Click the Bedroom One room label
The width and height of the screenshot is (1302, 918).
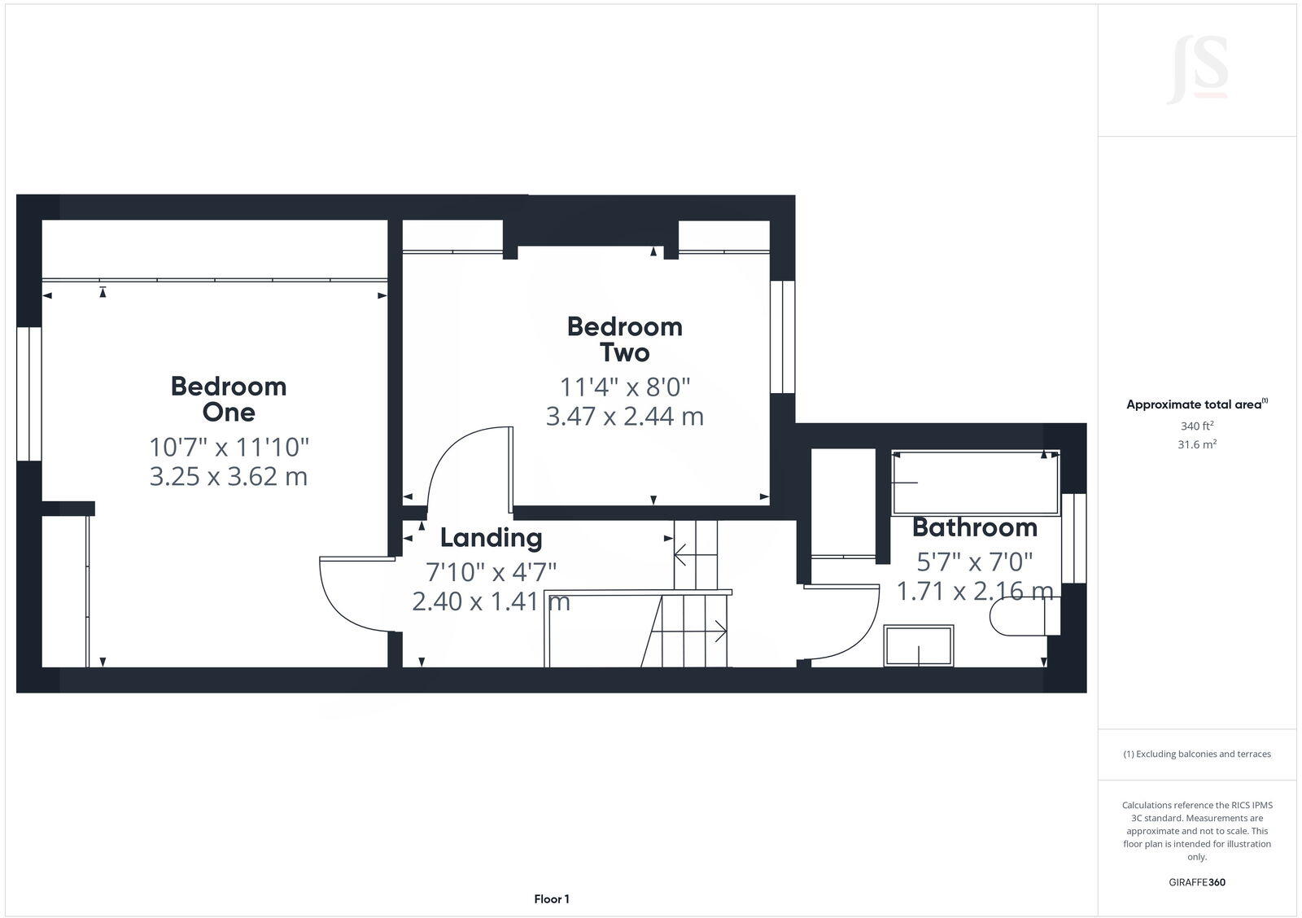pos(229,399)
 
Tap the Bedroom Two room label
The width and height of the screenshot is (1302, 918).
pos(624,339)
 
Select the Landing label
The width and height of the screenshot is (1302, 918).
pos(491,538)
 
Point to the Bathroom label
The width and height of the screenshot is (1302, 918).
pos(974,527)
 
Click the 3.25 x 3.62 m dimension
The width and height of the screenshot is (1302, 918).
pos(229,476)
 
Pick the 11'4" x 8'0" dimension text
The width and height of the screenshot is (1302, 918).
pos(624,386)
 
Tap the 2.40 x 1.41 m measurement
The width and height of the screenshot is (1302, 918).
pos(491,601)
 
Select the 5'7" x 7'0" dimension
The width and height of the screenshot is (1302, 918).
pos(974,562)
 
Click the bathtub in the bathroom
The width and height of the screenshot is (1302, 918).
pos(976,482)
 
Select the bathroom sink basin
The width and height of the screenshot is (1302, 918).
pos(919,645)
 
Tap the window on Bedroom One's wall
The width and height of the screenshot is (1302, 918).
pos(29,394)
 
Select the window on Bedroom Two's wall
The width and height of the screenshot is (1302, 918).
pos(782,337)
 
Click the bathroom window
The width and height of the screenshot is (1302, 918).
pos(1074,538)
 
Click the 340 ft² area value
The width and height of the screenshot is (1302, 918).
pos(1196,426)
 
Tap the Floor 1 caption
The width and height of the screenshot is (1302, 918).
pos(552,899)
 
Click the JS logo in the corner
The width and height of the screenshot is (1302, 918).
pos(1197,72)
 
